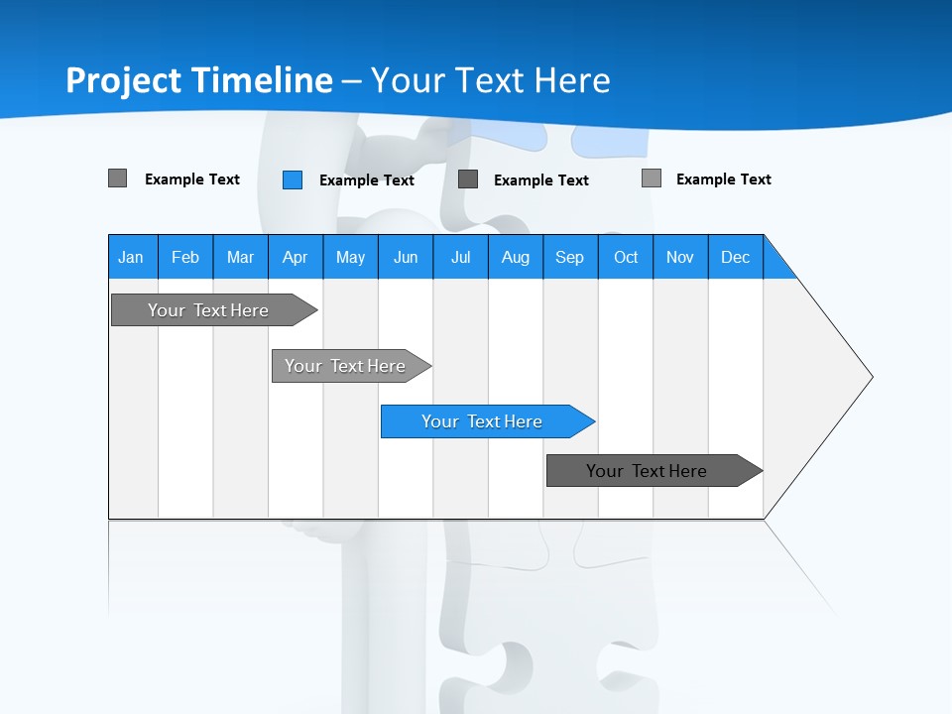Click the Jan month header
[x=132, y=257]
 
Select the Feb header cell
[x=185, y=257]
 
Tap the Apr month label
[x=295, y=257]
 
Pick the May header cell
[x=350, y=257]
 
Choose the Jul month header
[x=460, y=257]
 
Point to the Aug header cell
[x=515, y=257]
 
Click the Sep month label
[x=569, y=257]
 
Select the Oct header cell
[x=626, y=257]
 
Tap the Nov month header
[x=680, y=257]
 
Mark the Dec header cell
[x=735, y=257]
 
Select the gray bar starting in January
[x=208, y=310]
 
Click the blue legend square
[x=293, y=179]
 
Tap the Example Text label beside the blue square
[x=367, y=180]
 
